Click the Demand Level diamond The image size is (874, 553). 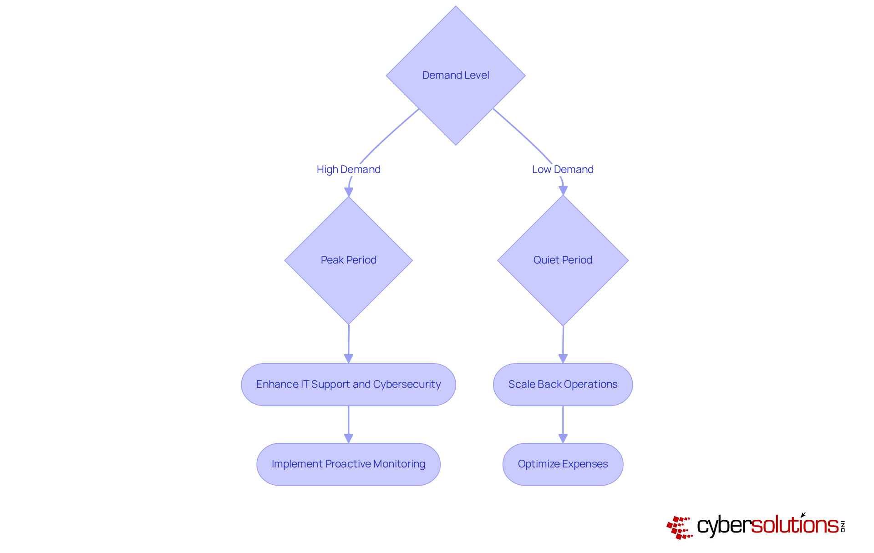[x=456, y=76]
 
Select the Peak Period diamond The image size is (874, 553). [x=349, y=260]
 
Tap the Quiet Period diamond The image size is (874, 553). [x=563, y=260]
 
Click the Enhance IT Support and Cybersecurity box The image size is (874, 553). [x=348, y=385]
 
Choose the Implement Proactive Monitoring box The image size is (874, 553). [x=348, y=464]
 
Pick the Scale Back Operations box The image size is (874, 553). [x=563, y=385]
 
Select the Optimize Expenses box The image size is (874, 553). [x=563, y=464]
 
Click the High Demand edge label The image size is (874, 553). [x=349, y=170]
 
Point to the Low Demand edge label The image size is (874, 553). [x=563, y=170]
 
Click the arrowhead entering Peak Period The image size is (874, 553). [x=349, y=192]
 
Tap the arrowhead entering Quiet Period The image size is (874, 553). [x=563, y=191]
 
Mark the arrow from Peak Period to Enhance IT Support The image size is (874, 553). [x=349, y=344]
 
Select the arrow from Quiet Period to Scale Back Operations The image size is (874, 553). [x=563, y=344]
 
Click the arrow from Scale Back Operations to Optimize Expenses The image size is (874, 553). [x=563, y=424]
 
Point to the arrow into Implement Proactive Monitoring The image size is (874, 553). [x=349, y=424]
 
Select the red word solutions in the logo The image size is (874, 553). [x=795, y=525]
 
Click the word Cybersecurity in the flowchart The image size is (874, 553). [x=407, y=385]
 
